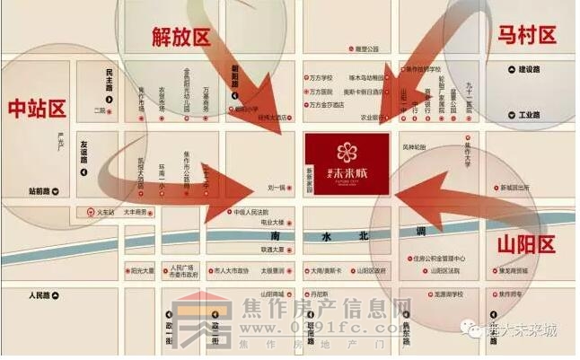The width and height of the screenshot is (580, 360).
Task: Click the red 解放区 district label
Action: (x=180, y=37)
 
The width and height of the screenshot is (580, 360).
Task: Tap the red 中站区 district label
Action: (x=37, y=110)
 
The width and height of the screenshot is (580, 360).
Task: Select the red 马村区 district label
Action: (x=527, y=35)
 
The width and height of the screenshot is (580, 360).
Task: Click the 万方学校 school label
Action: (x=321, y=78)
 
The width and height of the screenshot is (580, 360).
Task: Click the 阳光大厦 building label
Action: (x=142, y=270)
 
